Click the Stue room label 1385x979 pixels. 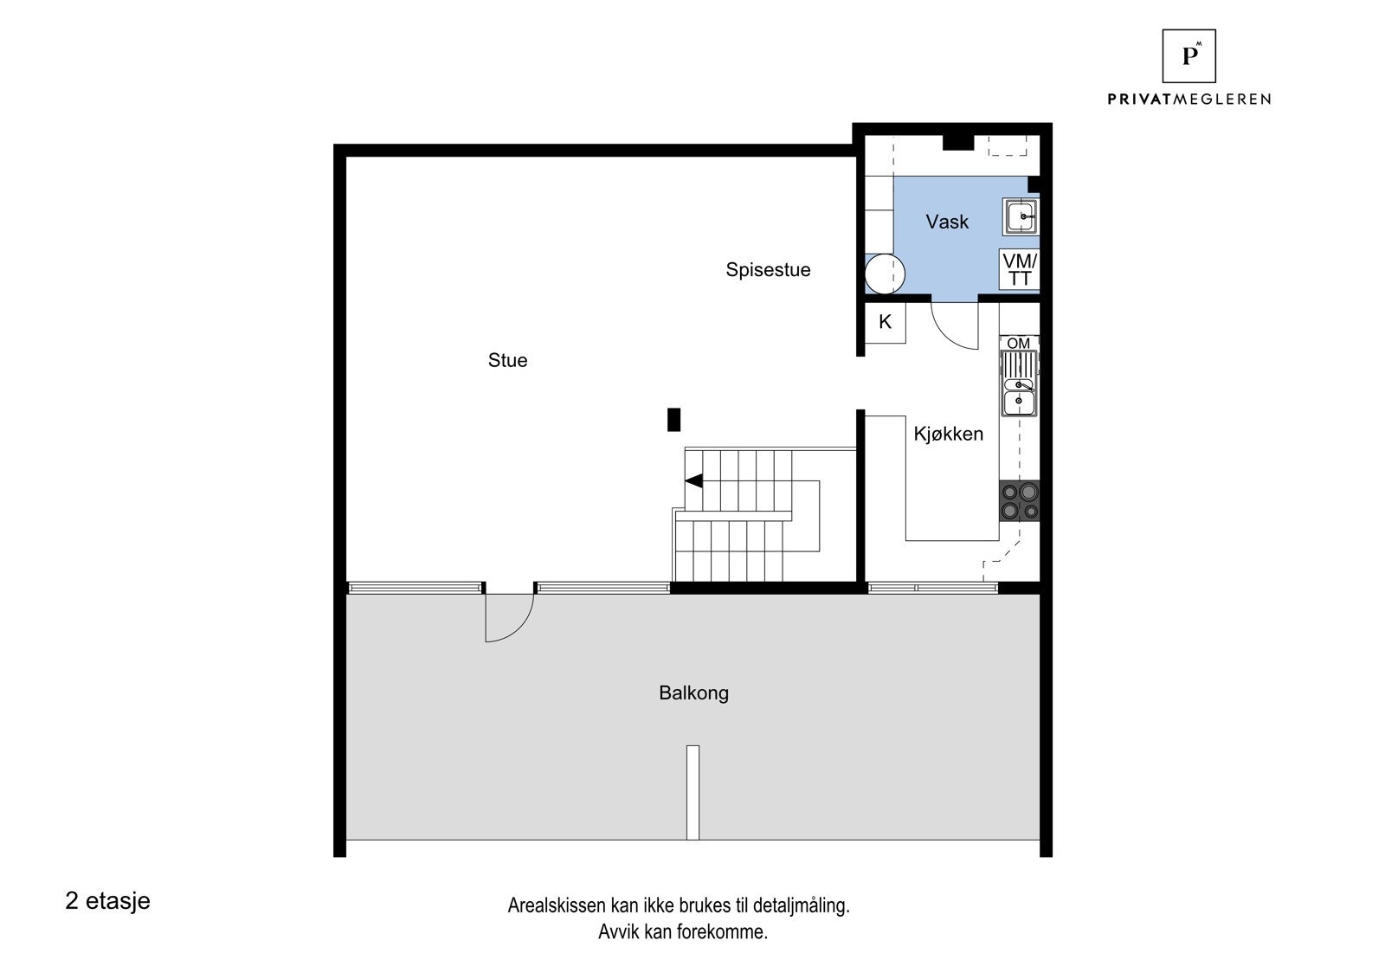pyautogui.click(x=507, y=360)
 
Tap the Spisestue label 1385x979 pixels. pyautogui.click(x=768, y=270)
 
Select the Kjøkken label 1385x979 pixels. pyautogui.click(x=948, y=434)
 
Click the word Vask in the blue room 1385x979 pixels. pyautogui.click(x=947, y=222)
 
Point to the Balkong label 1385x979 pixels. pyautogui.click(x=693, y=692)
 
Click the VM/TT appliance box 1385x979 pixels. pyautogui.click(x=1020, y=270)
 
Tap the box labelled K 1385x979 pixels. pyautogui.click(x=885, y=323)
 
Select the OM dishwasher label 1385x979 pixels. pyautogui.click(x=1019, y=343)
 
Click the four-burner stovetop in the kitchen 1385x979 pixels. pyautogui.click(x=1019, y=501)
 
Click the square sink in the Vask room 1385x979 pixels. pyautogui.click(x=1021, y=216)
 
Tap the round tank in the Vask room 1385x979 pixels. pyautogui.click(x=884, y=274)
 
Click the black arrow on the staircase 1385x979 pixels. pyautogui.click(x=693, y=480)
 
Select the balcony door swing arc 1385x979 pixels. pyautogui.click(x=508, y=618)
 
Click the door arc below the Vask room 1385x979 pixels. pyautogui.click(x=955, y=325)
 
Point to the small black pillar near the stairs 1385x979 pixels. pyautogui.click(x=673, y=420)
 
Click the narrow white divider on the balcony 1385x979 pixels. pyautogui.click(x=692, y=792)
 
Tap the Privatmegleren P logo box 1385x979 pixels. pyautogui.click(x=1189, y=55)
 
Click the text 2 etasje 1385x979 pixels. pyautogui.click(x=107, y=900)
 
